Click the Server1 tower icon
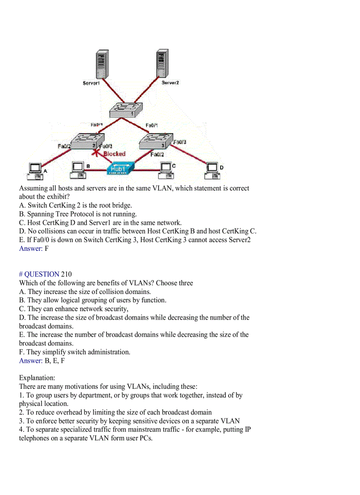[101, 64]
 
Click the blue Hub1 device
[119, 169]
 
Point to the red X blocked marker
[94, 153]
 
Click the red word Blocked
[114, 154]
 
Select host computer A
[35, 171]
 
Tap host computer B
[78, 169]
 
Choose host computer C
[166, 169]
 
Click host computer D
[212, 170]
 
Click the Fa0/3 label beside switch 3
[180, 142]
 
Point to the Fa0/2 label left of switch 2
[64, 146]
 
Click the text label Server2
[170, 83]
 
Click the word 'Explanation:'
[37, 378]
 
